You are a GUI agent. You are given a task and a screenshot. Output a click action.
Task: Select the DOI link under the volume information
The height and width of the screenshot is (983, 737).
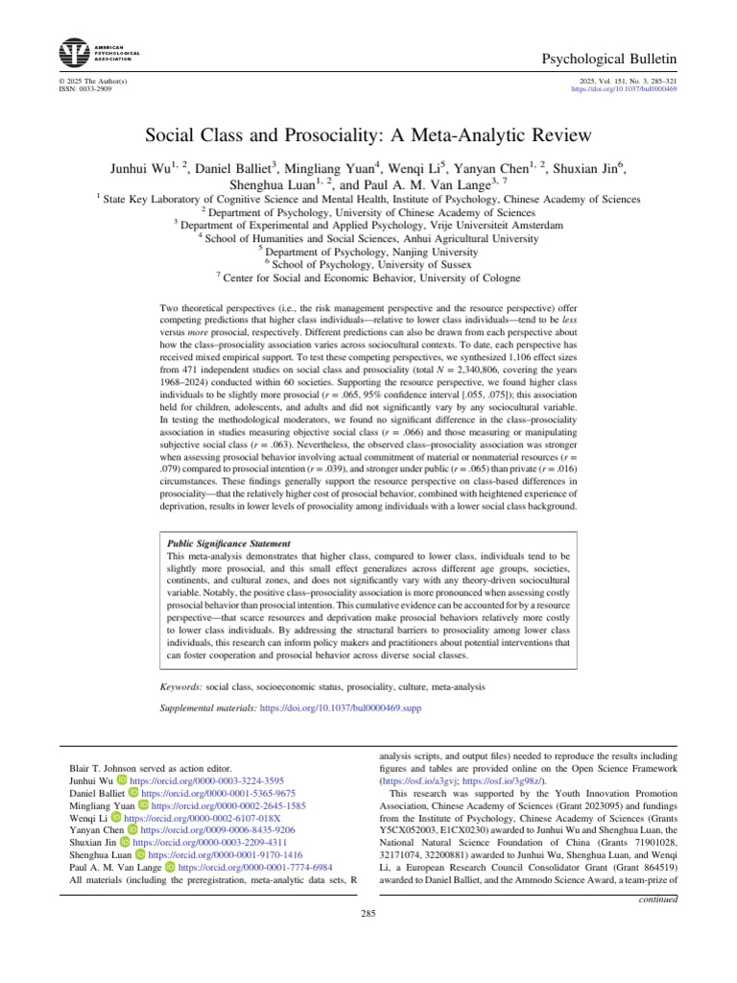tap(624, 88)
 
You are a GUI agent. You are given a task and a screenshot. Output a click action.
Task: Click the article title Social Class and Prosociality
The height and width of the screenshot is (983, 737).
tap(368, 135)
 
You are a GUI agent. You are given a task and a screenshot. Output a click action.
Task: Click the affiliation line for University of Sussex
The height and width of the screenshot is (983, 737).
tap(368, 263)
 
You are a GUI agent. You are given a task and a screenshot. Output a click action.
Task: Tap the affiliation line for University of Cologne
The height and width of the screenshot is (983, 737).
tap(368, 276)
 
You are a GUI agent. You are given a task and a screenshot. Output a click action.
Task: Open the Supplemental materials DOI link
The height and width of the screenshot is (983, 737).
tap(341, 707)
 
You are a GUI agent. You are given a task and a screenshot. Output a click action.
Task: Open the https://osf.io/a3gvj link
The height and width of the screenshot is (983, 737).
tap(406, 782)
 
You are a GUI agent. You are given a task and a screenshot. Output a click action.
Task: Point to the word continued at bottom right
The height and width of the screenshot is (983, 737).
tap(657, 899)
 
